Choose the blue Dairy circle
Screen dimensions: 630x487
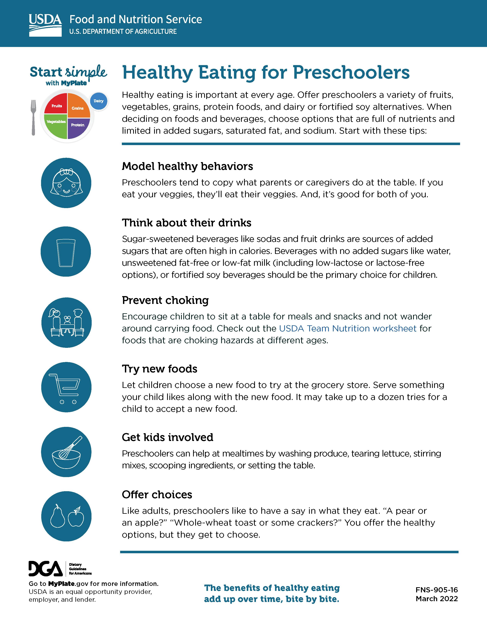click(99, 101)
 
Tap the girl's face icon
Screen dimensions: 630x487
click(66, 183)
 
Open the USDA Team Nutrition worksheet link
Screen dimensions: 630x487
click(348, 329)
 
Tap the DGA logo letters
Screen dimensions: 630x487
click(46, 569)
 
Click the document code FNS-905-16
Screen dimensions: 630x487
click(437, 590)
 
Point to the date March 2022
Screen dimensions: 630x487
click(437, 599)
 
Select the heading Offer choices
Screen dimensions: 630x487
click(157, 494)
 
